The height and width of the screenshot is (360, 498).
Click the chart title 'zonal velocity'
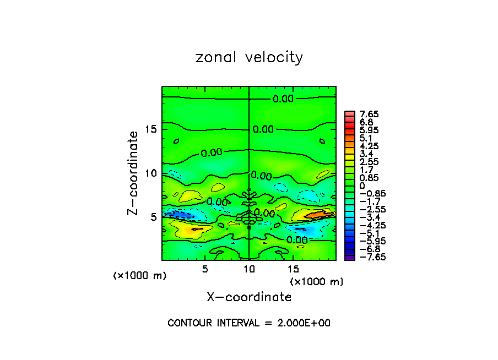[249, 57]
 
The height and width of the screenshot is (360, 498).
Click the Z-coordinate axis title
[133, 173]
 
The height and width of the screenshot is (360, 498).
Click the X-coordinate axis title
[249, 297]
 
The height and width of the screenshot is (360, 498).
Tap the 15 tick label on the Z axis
[151, 129]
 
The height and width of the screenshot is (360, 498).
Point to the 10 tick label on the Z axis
[151, 173]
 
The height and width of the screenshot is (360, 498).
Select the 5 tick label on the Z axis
[155, 216]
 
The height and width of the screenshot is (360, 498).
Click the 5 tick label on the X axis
[205, 269]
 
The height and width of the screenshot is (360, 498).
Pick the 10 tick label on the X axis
[249, 269]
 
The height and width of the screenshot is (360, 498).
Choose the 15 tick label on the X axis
[293, 269]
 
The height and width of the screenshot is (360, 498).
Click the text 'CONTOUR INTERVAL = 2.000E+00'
[249, 323]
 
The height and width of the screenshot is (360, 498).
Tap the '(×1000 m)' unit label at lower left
[139, 276]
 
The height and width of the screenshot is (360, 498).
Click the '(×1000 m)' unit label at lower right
[317, 282]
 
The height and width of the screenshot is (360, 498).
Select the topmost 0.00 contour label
[283, 99]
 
